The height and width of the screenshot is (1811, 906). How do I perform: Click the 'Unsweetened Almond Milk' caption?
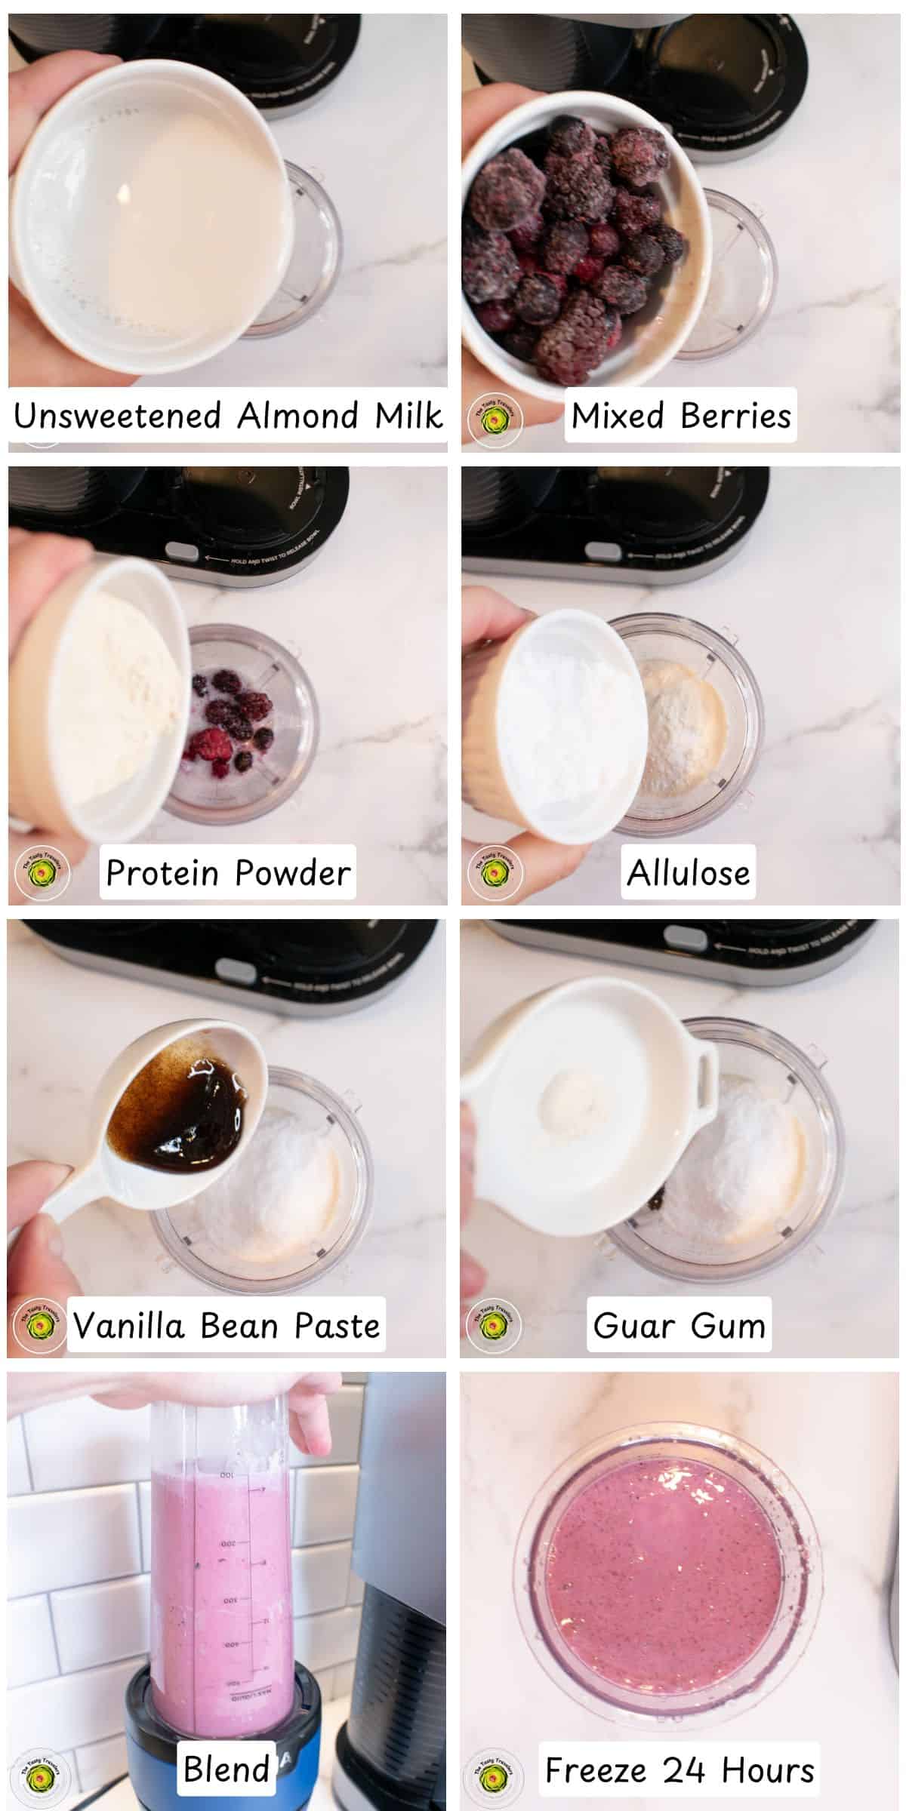point(227,416)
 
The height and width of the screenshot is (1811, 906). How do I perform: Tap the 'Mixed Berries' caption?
point(680,416)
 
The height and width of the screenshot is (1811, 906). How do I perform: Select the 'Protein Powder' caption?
point(227,872)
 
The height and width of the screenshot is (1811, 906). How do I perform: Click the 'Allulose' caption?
point(688,872)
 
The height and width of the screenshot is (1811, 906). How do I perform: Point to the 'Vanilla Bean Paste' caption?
point(226,1325)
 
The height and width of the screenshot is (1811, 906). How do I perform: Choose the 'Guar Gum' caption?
point(679,1325)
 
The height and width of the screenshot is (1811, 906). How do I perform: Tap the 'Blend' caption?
point(226,1769)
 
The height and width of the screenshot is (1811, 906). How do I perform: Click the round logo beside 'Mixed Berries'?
point(494,420)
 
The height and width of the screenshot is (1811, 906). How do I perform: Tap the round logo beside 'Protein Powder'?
point(42,874)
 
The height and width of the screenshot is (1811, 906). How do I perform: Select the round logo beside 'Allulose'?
point(494,874)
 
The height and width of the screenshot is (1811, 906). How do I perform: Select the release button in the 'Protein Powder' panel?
point(178,550)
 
